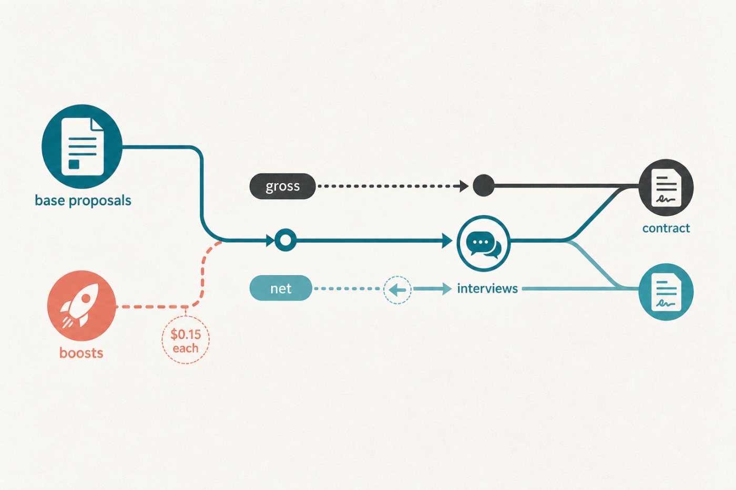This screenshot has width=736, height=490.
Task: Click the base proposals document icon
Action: point(82,147)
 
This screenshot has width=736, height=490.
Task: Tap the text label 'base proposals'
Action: point(83,201)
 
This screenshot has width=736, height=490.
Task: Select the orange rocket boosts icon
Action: point(81,306)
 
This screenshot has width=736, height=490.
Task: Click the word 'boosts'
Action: point(81,353)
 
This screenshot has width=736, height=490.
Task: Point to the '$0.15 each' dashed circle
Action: point(186,340)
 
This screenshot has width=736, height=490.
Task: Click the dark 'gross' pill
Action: point(283,186)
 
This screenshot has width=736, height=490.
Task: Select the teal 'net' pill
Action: point(281,288)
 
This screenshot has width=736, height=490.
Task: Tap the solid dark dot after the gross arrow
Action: point(484,185)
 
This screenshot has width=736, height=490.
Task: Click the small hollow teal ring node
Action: point(285,240)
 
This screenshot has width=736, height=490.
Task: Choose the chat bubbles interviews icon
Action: point(484,243)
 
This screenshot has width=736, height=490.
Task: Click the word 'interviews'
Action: point(487,288)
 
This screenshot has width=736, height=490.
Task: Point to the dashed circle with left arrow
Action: point(397,290)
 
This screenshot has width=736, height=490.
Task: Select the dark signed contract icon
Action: point(666,187)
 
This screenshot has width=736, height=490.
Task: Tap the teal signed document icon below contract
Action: point(666,292)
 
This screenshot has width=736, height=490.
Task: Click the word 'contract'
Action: point(666,228)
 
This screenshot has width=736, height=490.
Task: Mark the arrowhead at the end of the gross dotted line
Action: point(464,186)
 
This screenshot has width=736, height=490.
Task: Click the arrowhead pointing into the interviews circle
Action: point(447,241)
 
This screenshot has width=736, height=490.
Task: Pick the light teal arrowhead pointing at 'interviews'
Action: point(447,289)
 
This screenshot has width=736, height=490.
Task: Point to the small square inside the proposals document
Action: point(74,164)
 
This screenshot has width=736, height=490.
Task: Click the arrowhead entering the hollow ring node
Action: point(270,241)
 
